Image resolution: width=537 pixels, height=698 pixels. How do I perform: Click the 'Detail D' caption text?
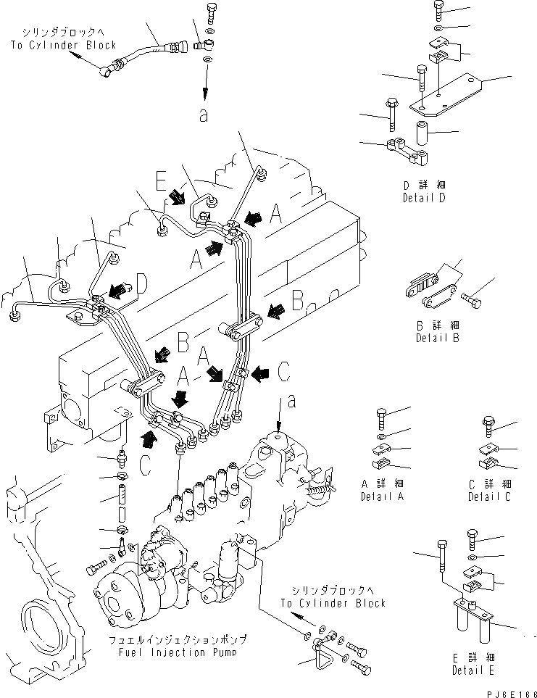pos(428,197)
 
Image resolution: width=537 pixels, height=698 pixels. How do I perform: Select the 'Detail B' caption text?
pos(438,338)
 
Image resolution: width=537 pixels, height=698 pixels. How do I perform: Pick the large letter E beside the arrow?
pos(162,180)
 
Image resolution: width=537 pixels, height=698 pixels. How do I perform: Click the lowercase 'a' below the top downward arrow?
pos(204,114)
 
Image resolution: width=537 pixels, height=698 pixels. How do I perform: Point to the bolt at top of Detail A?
pos(382,417)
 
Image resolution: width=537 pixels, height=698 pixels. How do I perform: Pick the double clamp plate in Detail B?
pos(428,290)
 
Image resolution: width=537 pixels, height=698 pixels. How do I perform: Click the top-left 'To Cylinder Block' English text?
pos(63,45)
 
